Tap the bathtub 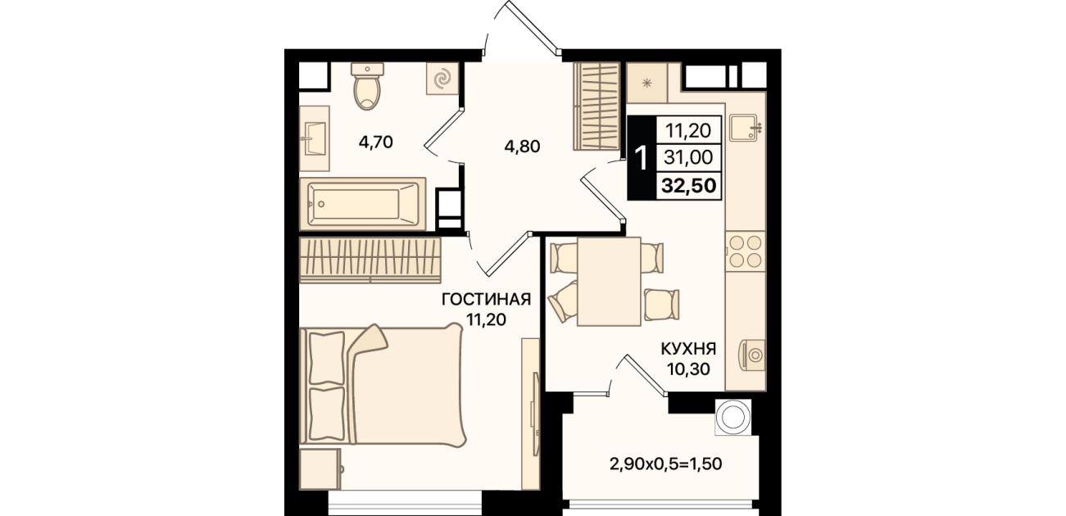(x=363, y=205)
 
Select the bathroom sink (x=314, y=138)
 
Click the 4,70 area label (x=376, y=142)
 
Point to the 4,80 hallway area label (x=522, y=147)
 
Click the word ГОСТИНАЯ (x=486, y=299)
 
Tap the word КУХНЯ (x=688, y=349)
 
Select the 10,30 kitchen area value (x=688, y=369)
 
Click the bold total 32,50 (x=688, y=185)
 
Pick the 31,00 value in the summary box (x=688, y=157)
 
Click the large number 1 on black (x=642, y=158)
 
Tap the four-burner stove (x=746, y=251)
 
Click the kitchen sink (x=744, y=128)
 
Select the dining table (x=609, y=282)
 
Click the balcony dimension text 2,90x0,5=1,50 (x=665, y=464)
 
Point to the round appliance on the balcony (x=733, y=417)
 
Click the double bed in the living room (x=382, y=385)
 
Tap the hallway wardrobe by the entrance (x=597, y=106)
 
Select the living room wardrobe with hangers (x=370, y=260)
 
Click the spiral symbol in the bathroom (x=442, y=79)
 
